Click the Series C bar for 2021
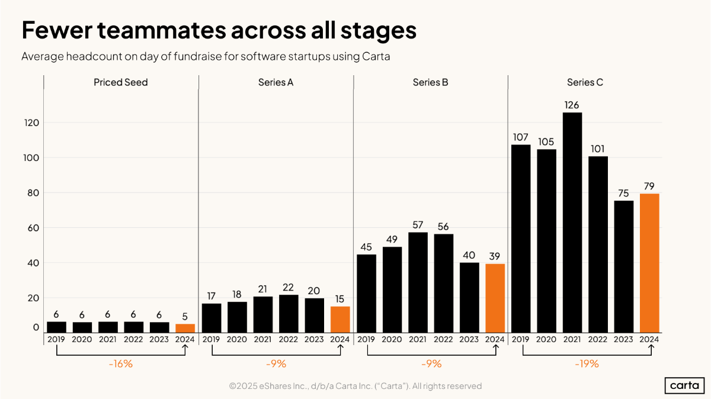click(572, 222)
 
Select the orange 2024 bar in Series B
click(495, 298)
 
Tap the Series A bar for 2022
click(289, 313)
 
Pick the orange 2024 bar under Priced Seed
click(185, 328)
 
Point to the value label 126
click(572, 105)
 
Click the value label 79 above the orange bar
click(649, 186)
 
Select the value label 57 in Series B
click(417, 225)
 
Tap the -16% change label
click(120, 363)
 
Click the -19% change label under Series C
click(587, 363)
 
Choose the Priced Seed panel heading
click(120, 82)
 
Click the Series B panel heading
click(430, 82)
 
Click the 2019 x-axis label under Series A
click(212, 339)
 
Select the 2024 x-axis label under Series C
click(649, 339)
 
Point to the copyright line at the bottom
click(355, 386)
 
